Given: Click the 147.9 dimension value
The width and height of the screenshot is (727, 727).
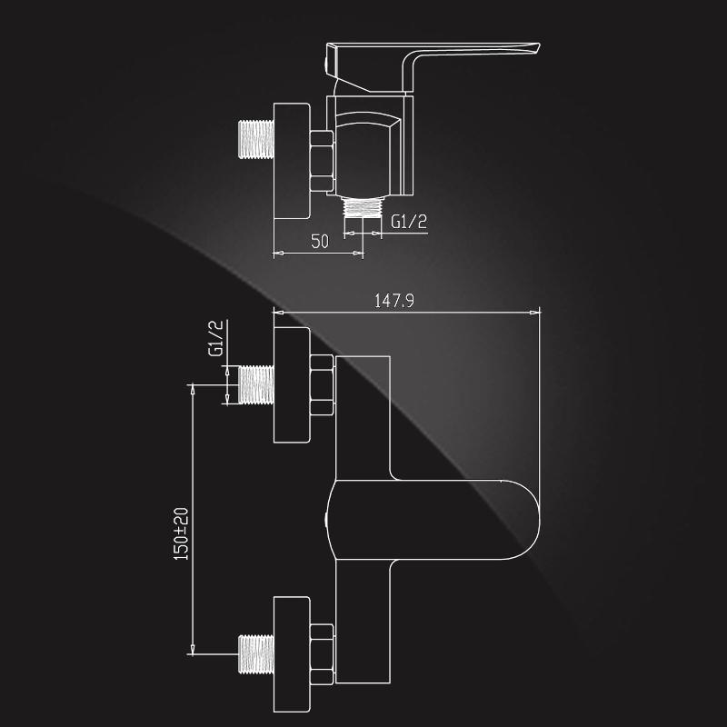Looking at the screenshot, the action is pyautogui.click(x=393, y=301).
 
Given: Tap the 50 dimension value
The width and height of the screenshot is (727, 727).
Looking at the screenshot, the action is pyautogui.click(x=320, y=242).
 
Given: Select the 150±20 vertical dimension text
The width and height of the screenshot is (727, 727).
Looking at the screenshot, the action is pyautogui.click(x=181, y=533).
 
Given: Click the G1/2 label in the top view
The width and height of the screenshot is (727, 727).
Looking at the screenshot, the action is pyautogui.click(x=408, y=222).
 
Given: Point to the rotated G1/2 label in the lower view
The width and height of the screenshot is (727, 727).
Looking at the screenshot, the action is pyautogui.click(x=215, y=338).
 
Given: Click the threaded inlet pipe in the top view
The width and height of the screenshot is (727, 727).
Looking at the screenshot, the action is pyautogui.click(x=256, y=139).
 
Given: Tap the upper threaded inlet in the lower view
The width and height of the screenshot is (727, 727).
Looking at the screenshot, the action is pyautogui.click(x=256, y=384).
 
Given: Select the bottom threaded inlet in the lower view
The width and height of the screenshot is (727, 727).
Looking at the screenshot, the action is pyautogui.click(x=256, y=653).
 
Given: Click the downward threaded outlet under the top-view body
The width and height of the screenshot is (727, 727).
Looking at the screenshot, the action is pyautogui.click(x=363, y=207).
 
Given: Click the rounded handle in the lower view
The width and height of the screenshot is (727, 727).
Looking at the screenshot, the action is pyautogui.click(x=433, y=519).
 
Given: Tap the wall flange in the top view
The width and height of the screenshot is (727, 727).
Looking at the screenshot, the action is pyautogui.click(x=292, y=161).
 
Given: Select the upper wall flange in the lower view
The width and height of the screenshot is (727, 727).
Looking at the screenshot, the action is pyautogui.click(x=292, y=384).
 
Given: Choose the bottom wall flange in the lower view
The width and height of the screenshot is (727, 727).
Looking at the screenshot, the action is pyautogui.click(x=292, y=653).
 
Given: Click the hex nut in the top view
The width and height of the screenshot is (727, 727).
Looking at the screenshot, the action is pyautogui.click(x=322, y=161).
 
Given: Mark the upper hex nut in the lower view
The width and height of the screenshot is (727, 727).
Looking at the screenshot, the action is pyautogui.click(x=322, y=384).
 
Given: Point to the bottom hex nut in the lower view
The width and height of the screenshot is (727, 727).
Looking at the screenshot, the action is pyautogui.click(x=322, y=653).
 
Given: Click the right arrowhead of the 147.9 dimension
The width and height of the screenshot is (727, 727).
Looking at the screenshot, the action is pyautogui.click(x=535, y=313).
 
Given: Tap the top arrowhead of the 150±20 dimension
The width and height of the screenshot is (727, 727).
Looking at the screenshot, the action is pyautogui.click(x=193, y=390).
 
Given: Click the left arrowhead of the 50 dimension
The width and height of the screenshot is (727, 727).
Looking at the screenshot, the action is pyautogui.click(x=278, y=254).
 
